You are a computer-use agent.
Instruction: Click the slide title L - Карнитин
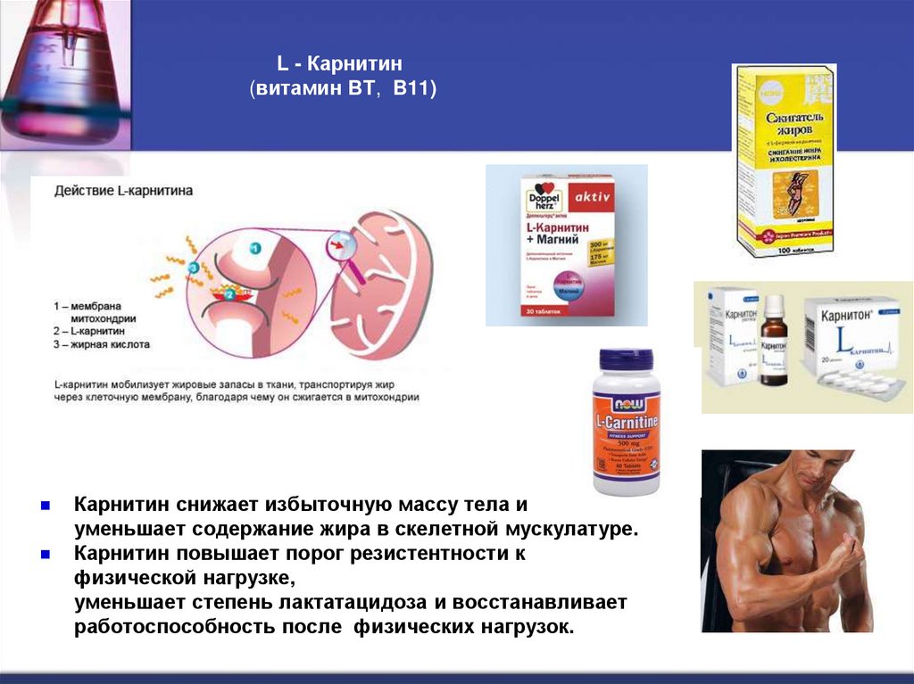click(339, 64)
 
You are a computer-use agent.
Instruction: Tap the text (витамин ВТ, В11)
click(343, 90)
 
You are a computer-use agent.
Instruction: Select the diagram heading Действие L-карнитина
click(123, 191)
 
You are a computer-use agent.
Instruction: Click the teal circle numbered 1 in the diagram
click(254, 249)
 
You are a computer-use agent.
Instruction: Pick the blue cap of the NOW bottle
click(627, 360)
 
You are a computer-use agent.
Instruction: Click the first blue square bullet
click(45, 505)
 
